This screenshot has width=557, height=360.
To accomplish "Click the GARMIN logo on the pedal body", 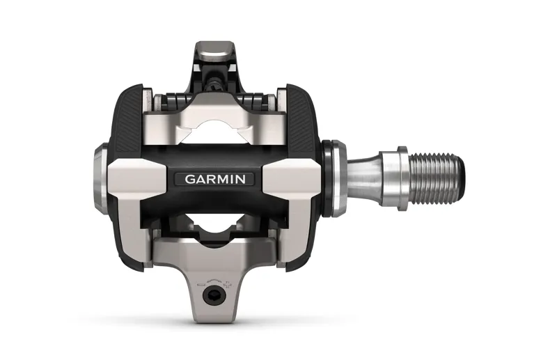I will click(x=214, y=178).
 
